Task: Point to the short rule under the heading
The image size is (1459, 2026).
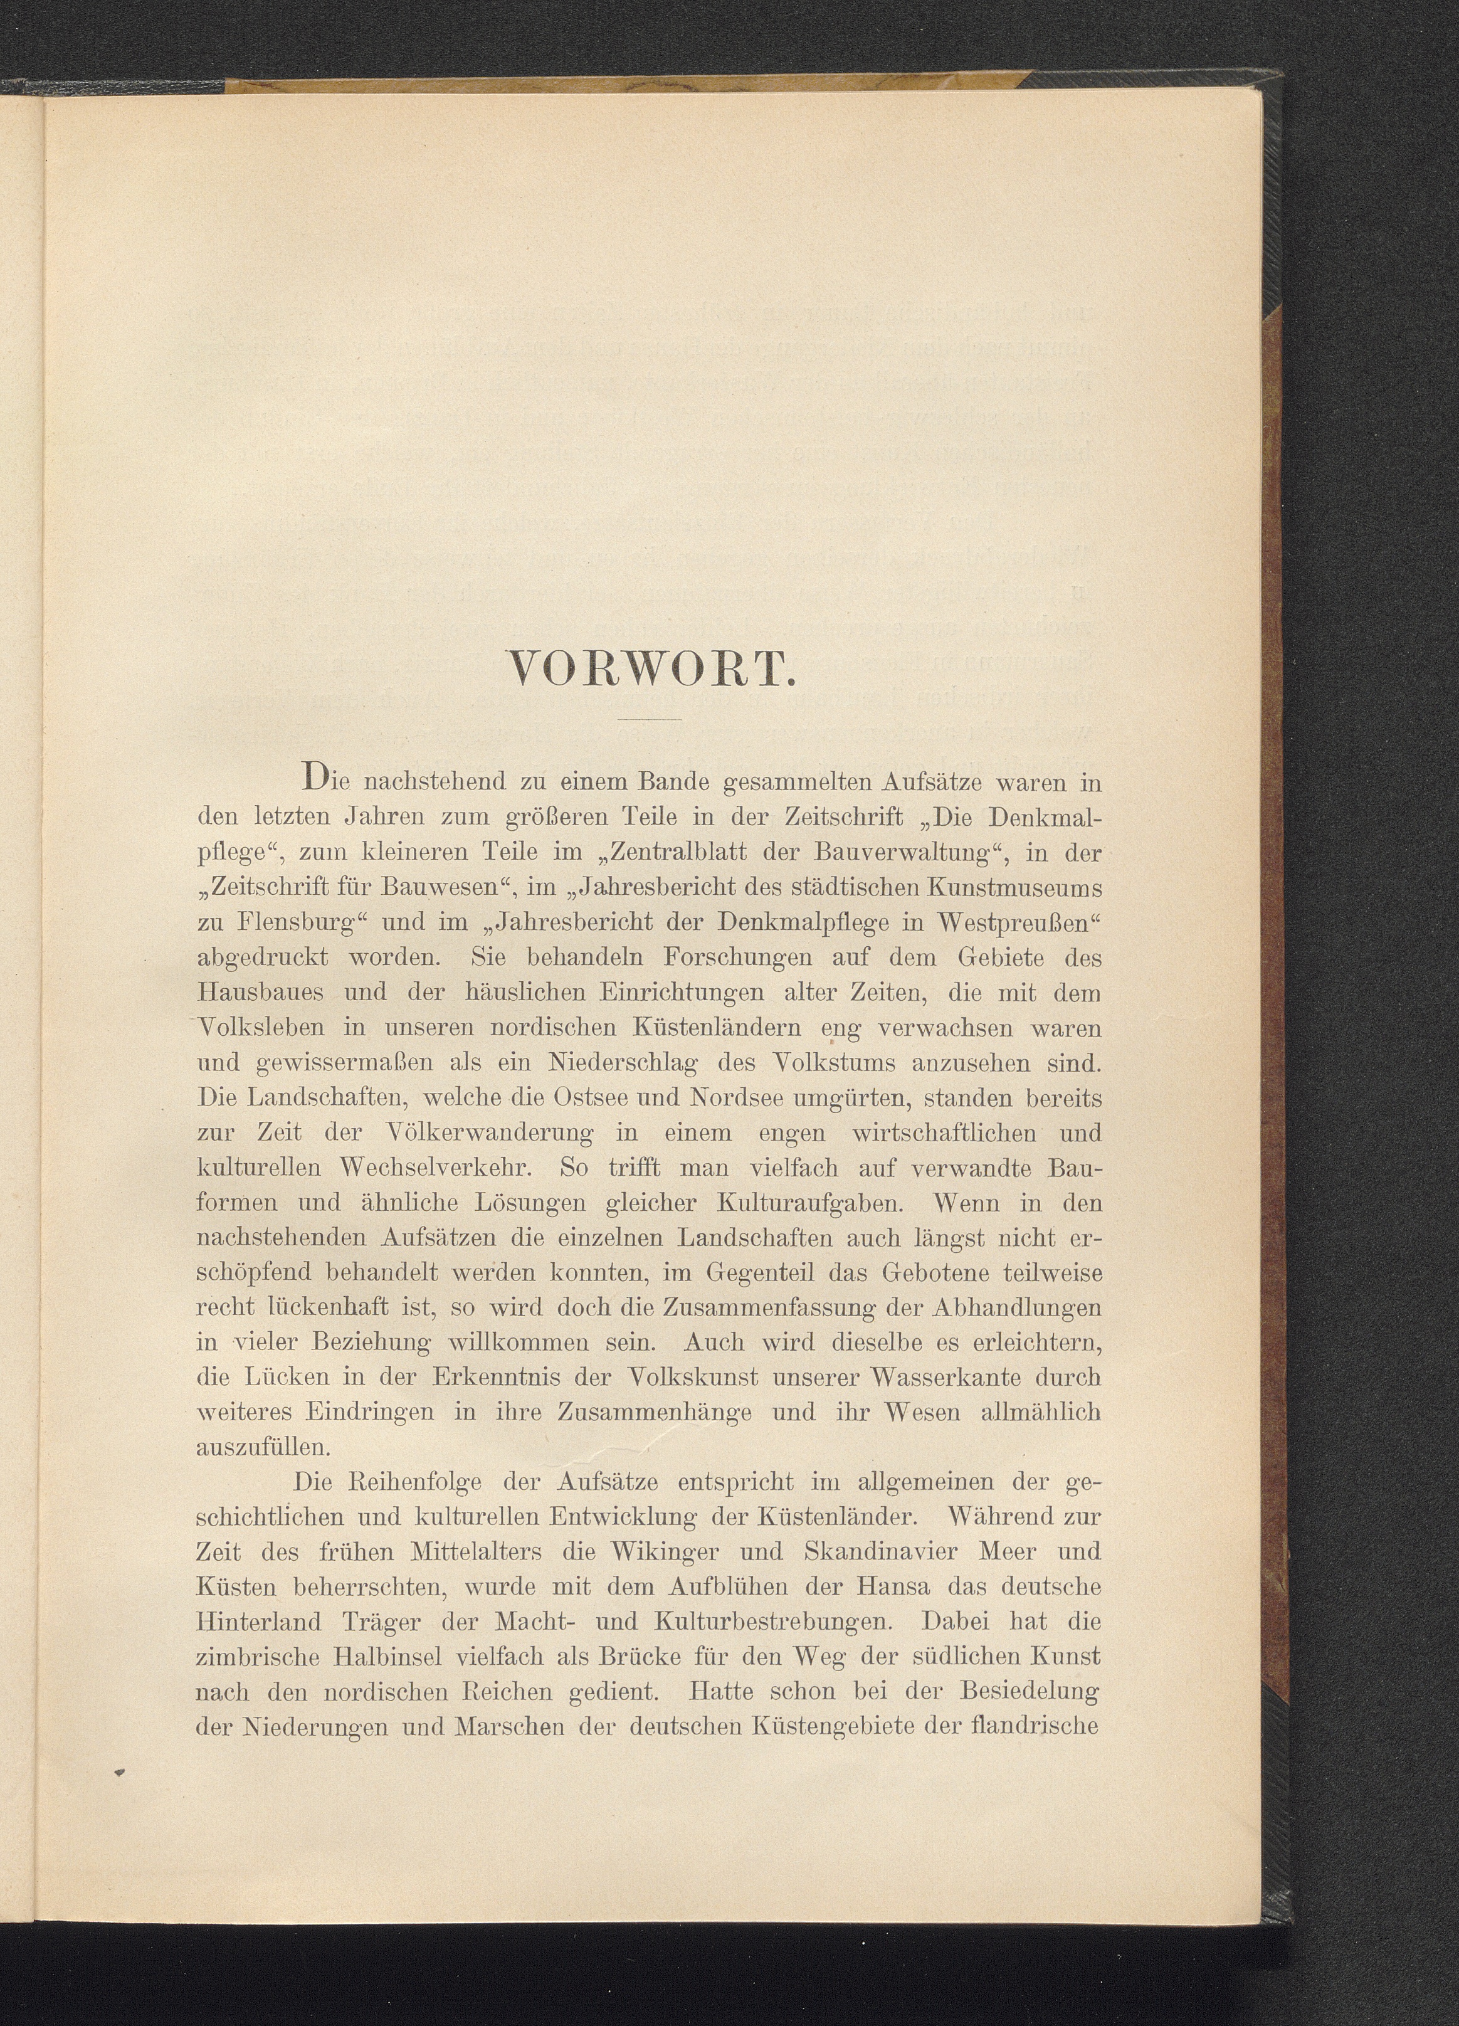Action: [650, 719]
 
